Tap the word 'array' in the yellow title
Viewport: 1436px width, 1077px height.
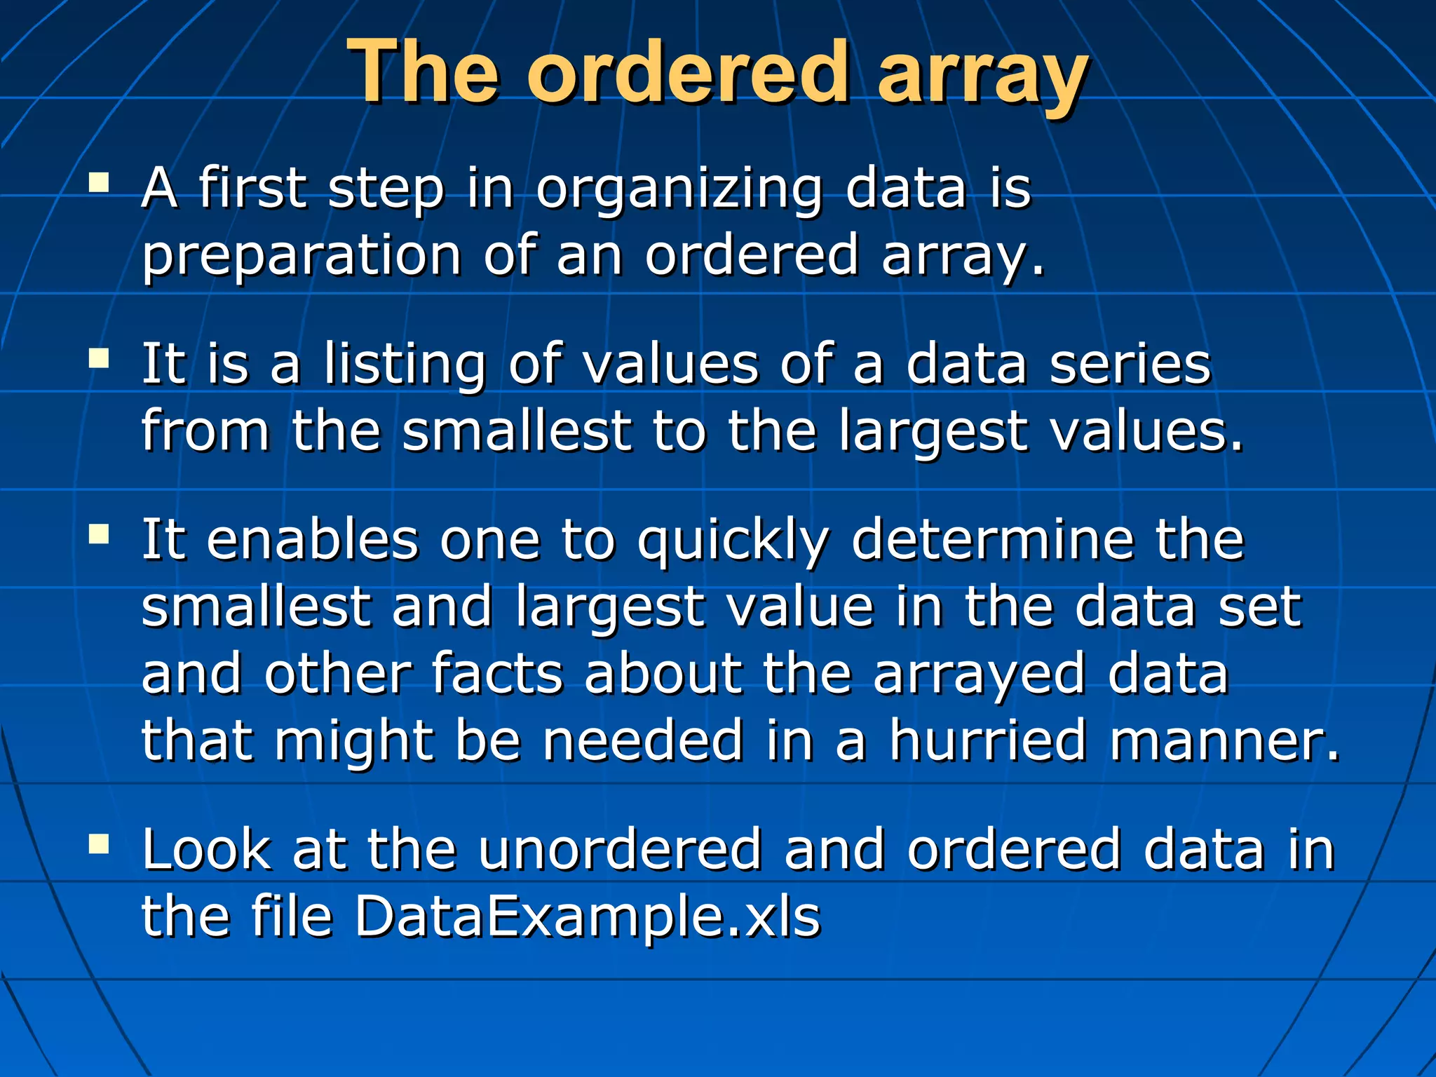(x=983, y=76)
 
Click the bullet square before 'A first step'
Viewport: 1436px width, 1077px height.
(x=99, y=184)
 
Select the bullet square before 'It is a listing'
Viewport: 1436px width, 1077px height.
(x=99, y=359)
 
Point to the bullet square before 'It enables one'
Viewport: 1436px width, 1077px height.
(x=99, y=536)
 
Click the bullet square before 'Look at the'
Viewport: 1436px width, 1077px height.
(x=99, y=844)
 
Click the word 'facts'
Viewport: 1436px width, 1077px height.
(x=496, y=673)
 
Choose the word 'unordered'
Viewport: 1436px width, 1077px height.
(x=619, y=850)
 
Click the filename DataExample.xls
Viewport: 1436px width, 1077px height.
(x=586, y=917)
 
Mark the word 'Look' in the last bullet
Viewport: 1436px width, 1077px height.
(x=206, y=850)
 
